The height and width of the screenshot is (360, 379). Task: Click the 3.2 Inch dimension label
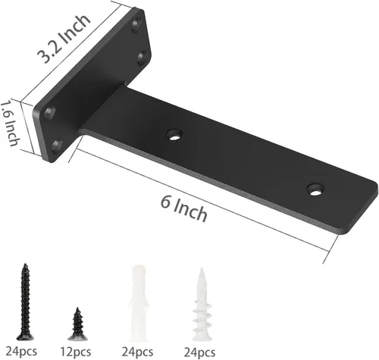coord(64,39)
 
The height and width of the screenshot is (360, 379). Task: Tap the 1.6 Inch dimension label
coord(10,124)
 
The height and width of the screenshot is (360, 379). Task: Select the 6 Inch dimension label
coord(184,209)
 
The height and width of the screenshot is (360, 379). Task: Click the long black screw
coord(25,302)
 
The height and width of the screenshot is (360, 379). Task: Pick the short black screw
coord(77,324)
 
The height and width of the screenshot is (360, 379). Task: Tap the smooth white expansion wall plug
coord(139,302)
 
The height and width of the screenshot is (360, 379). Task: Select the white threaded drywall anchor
coord(202,305)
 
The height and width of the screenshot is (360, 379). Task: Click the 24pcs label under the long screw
coord(21,352)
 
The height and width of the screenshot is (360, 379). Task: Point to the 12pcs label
coord(75,352)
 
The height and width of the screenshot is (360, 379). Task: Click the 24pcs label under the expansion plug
coord(137,352)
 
